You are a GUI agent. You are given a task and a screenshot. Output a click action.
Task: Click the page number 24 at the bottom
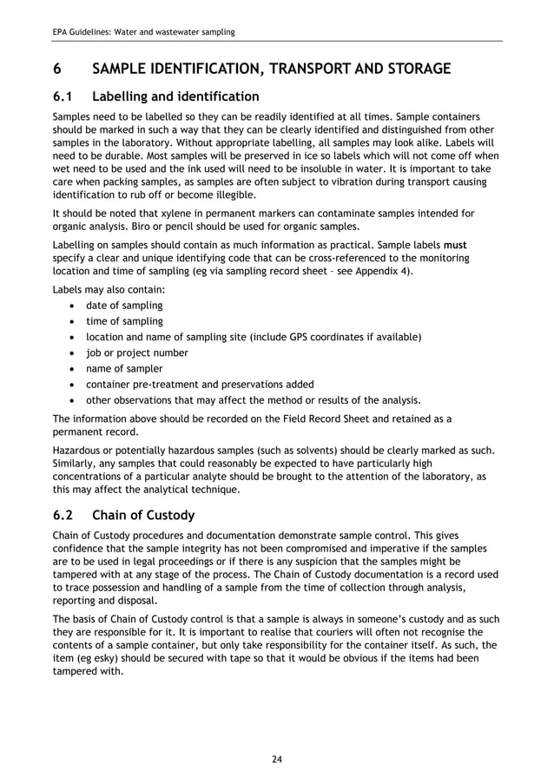click(x=276, y=760)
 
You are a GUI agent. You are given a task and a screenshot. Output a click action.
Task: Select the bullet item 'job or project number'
click(x=136, y=352)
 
